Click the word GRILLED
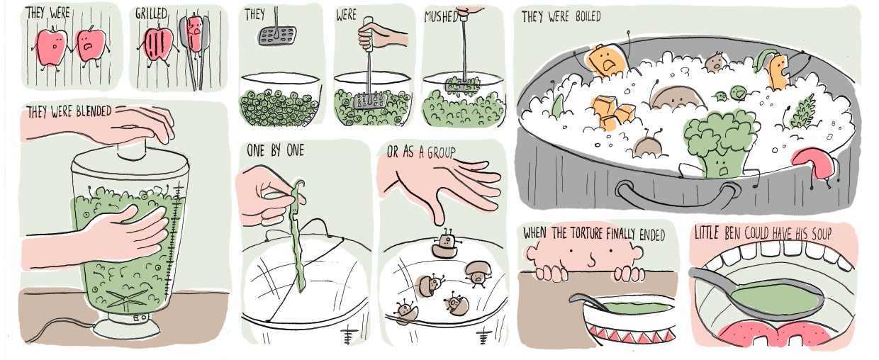pos(151,13)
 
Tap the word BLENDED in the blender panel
pos(94,112)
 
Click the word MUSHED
pos(441,17)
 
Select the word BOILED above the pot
pos(588,17)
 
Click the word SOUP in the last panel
pos(822,234)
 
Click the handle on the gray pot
pos(675,200)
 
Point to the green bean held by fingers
pos(298,235)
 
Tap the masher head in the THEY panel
pos(277,35)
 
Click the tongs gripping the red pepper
pos(194,51)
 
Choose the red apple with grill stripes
pos(159,45)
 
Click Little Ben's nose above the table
pos(591,259)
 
